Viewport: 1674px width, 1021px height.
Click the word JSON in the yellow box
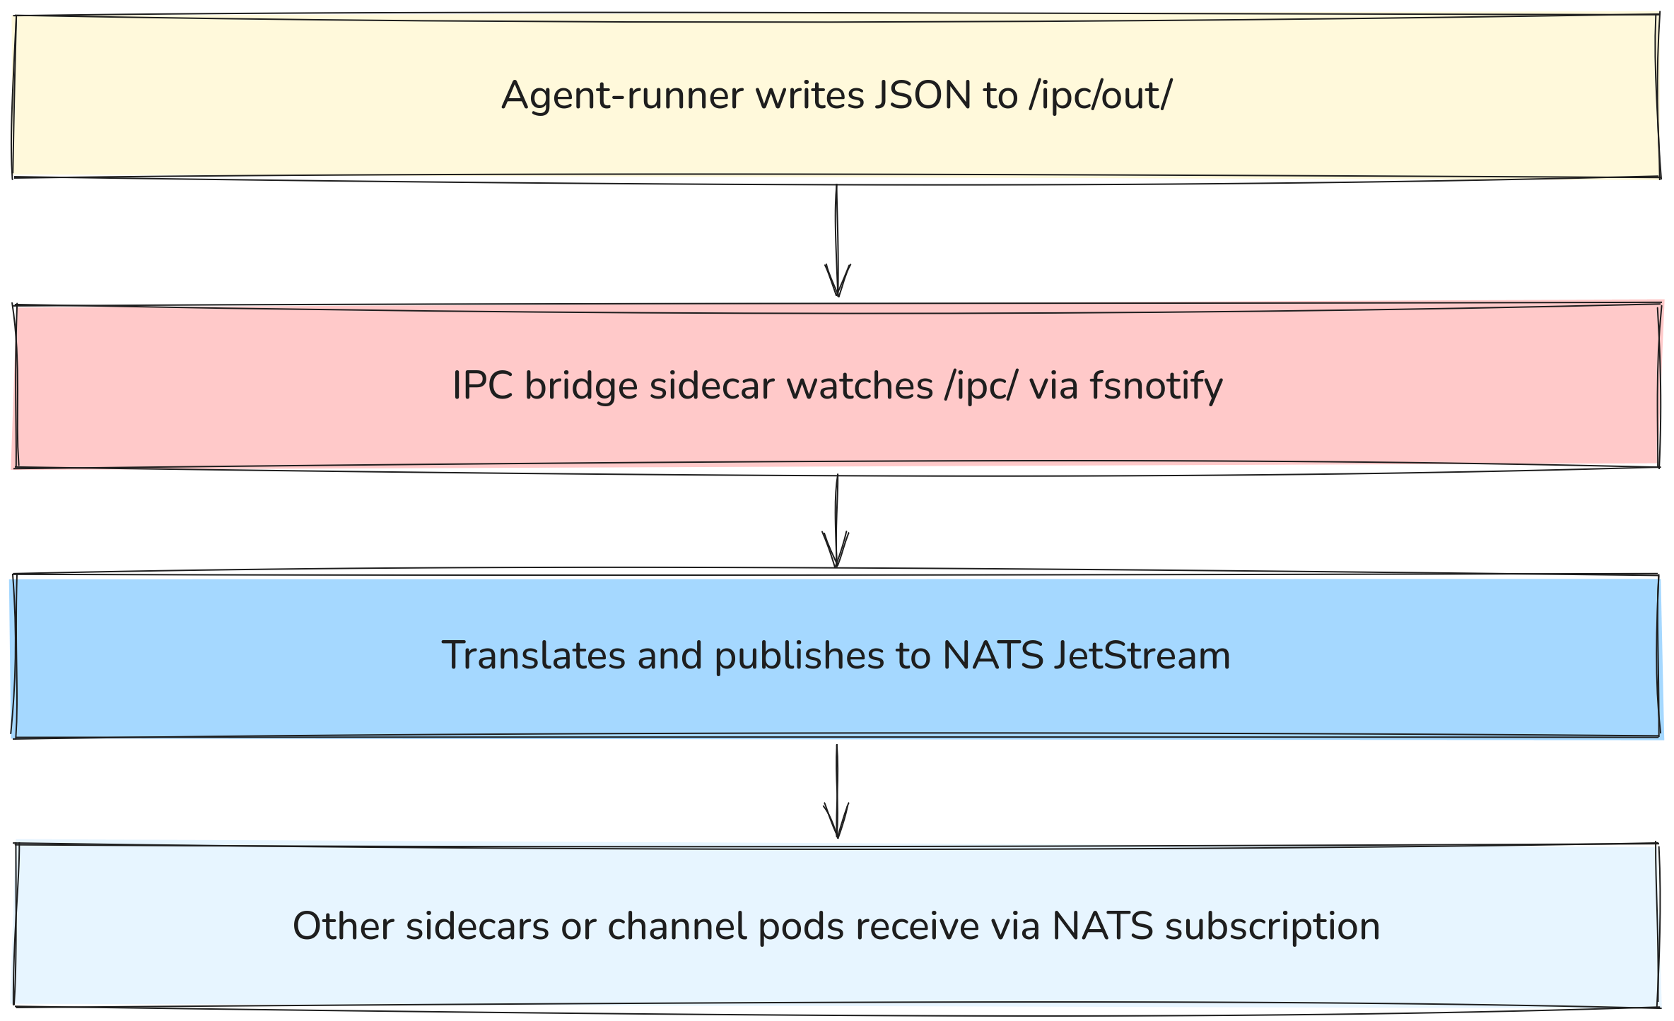[x=923, y=95]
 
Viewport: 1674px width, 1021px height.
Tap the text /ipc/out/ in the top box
[x=1101, y=95]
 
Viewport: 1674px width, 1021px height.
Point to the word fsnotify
[x=1156, y=386]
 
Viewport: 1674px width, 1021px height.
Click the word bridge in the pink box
[x=581, y=386]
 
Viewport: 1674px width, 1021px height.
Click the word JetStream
[x=1142, y=655]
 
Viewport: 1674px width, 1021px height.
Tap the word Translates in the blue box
[x=533, y=655]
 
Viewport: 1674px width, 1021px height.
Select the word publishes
[x=799, y=655]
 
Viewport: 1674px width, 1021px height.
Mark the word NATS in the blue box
[x=993, y=655]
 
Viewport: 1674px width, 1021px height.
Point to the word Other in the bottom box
[x=343, y=926]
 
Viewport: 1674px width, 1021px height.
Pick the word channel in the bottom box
[x=677, y=926]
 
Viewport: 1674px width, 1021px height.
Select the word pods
[x=801, y=926]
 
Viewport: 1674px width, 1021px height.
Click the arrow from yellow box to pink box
[x=837, y=240]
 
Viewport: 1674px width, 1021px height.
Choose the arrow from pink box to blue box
[x=836, y=521]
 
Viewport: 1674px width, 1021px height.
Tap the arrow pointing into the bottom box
[x=837, y=791]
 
